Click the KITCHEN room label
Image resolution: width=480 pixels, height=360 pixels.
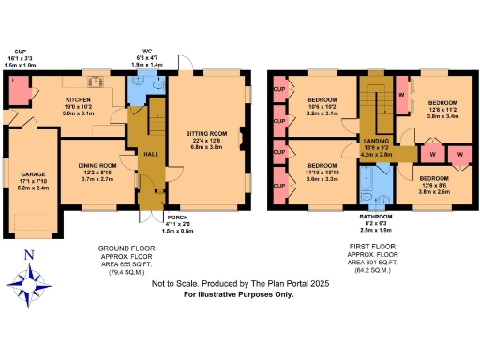tap(76, 97)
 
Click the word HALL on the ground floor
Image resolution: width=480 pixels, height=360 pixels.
tap(148, 158)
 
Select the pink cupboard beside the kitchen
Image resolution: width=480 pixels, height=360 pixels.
tap(16, 91)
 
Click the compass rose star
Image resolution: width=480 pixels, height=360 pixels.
tap(30, 282)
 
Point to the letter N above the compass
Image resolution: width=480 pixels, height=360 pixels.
tap(28, 254)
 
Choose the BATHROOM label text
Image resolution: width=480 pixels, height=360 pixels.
tap(376, 215)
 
